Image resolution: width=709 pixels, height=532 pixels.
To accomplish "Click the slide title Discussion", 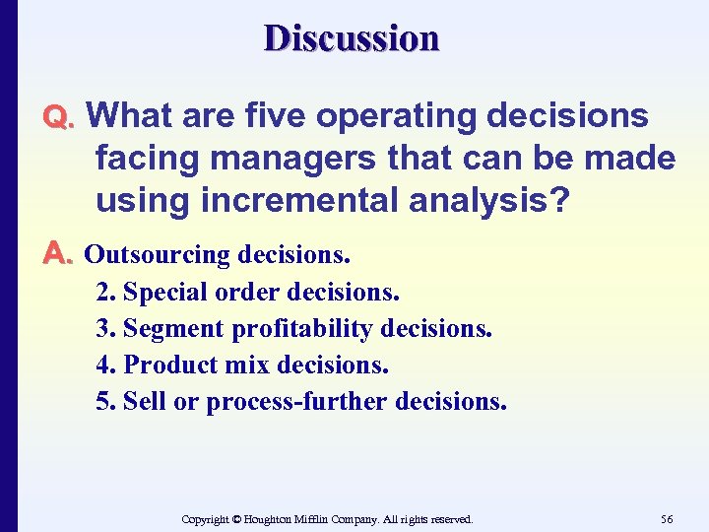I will [351, 38].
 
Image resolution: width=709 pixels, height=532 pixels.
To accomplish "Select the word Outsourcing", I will [157, 255].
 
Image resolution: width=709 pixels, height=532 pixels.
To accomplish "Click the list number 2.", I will [103, 293].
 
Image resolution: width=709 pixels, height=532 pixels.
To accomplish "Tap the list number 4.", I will [103, 366].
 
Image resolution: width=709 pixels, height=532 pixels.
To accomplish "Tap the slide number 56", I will [667, 518].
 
